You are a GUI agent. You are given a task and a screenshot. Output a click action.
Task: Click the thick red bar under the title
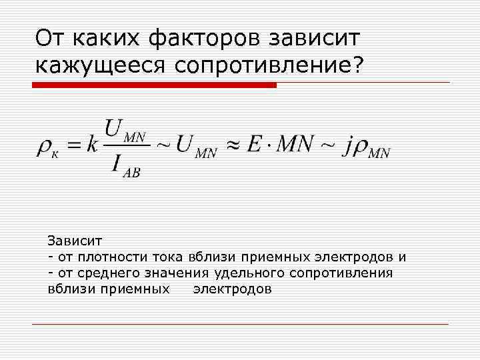coord(153,85)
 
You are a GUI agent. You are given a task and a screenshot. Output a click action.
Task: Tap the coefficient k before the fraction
coord(91,146)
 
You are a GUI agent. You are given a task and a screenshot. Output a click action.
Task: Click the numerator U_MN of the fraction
coord(124,129)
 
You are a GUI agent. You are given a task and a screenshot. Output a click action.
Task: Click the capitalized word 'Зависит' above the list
coord(70,239)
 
